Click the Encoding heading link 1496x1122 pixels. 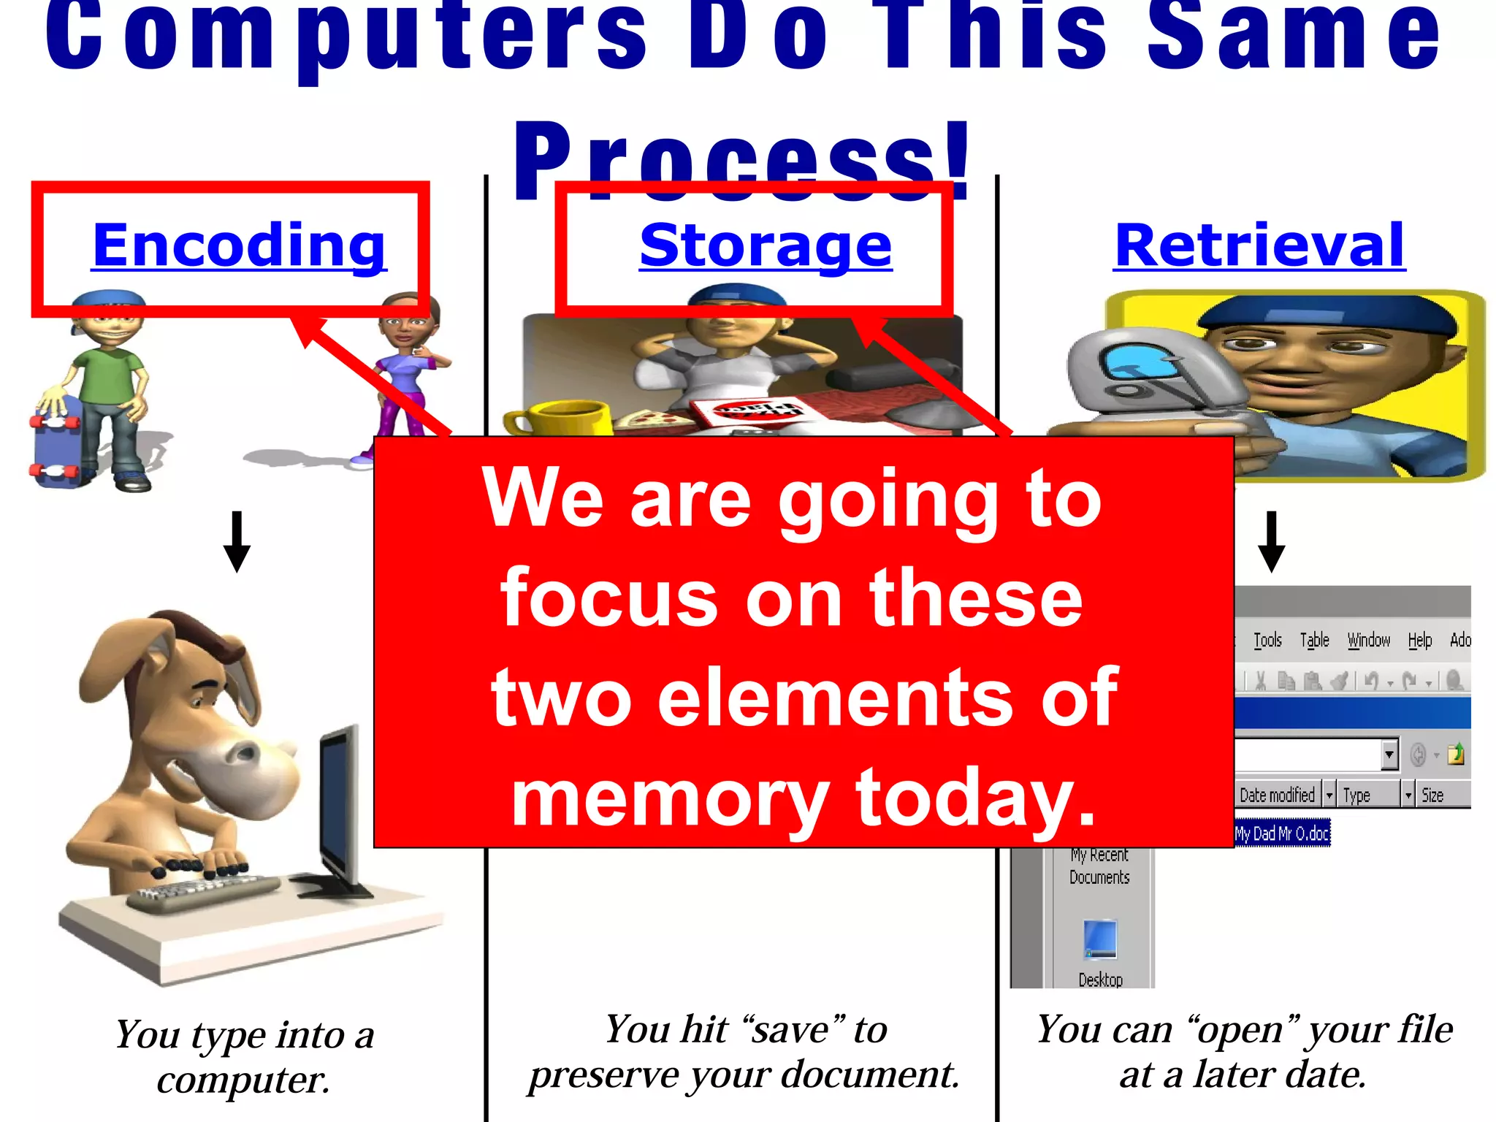(239, 246)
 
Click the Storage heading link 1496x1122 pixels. (766, 246)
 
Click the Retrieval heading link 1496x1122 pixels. (1259, 246)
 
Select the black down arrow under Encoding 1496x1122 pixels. (237, 541)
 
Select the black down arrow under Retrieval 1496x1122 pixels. (1271, 541)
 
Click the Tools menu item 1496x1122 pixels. (1267, 641)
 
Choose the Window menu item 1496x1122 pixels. (1368, 641)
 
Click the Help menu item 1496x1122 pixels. (1419, 641)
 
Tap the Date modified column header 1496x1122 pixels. (1277, 795)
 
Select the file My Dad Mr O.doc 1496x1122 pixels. (1282, 833)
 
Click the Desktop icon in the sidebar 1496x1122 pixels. (1100, 942)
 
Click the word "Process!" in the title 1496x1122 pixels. (742, 161)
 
